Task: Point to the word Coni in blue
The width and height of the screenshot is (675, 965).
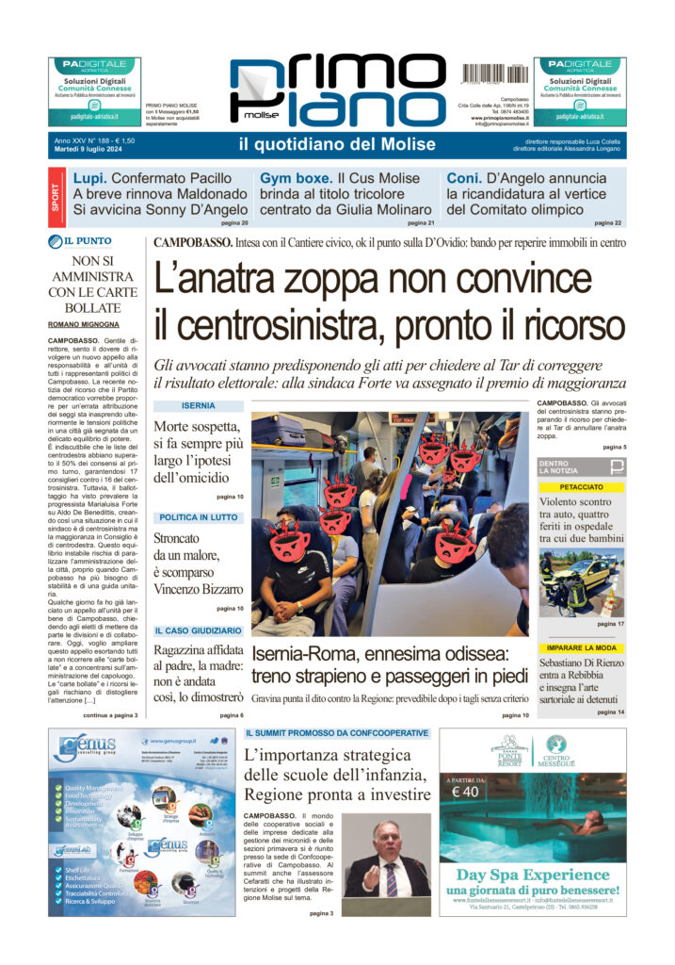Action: tap(463, 177)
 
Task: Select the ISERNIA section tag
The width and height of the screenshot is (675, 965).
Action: tap(199, 406)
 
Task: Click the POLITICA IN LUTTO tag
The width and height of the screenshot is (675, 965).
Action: tap(199, 517)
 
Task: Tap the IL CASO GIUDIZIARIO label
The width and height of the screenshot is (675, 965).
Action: tap(199, 630)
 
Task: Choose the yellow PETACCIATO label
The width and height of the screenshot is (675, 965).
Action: tap(581, 488)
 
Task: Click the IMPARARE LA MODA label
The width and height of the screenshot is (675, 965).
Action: tap(581, 648)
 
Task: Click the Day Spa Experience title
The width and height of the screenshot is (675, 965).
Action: tap(532, 874)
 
